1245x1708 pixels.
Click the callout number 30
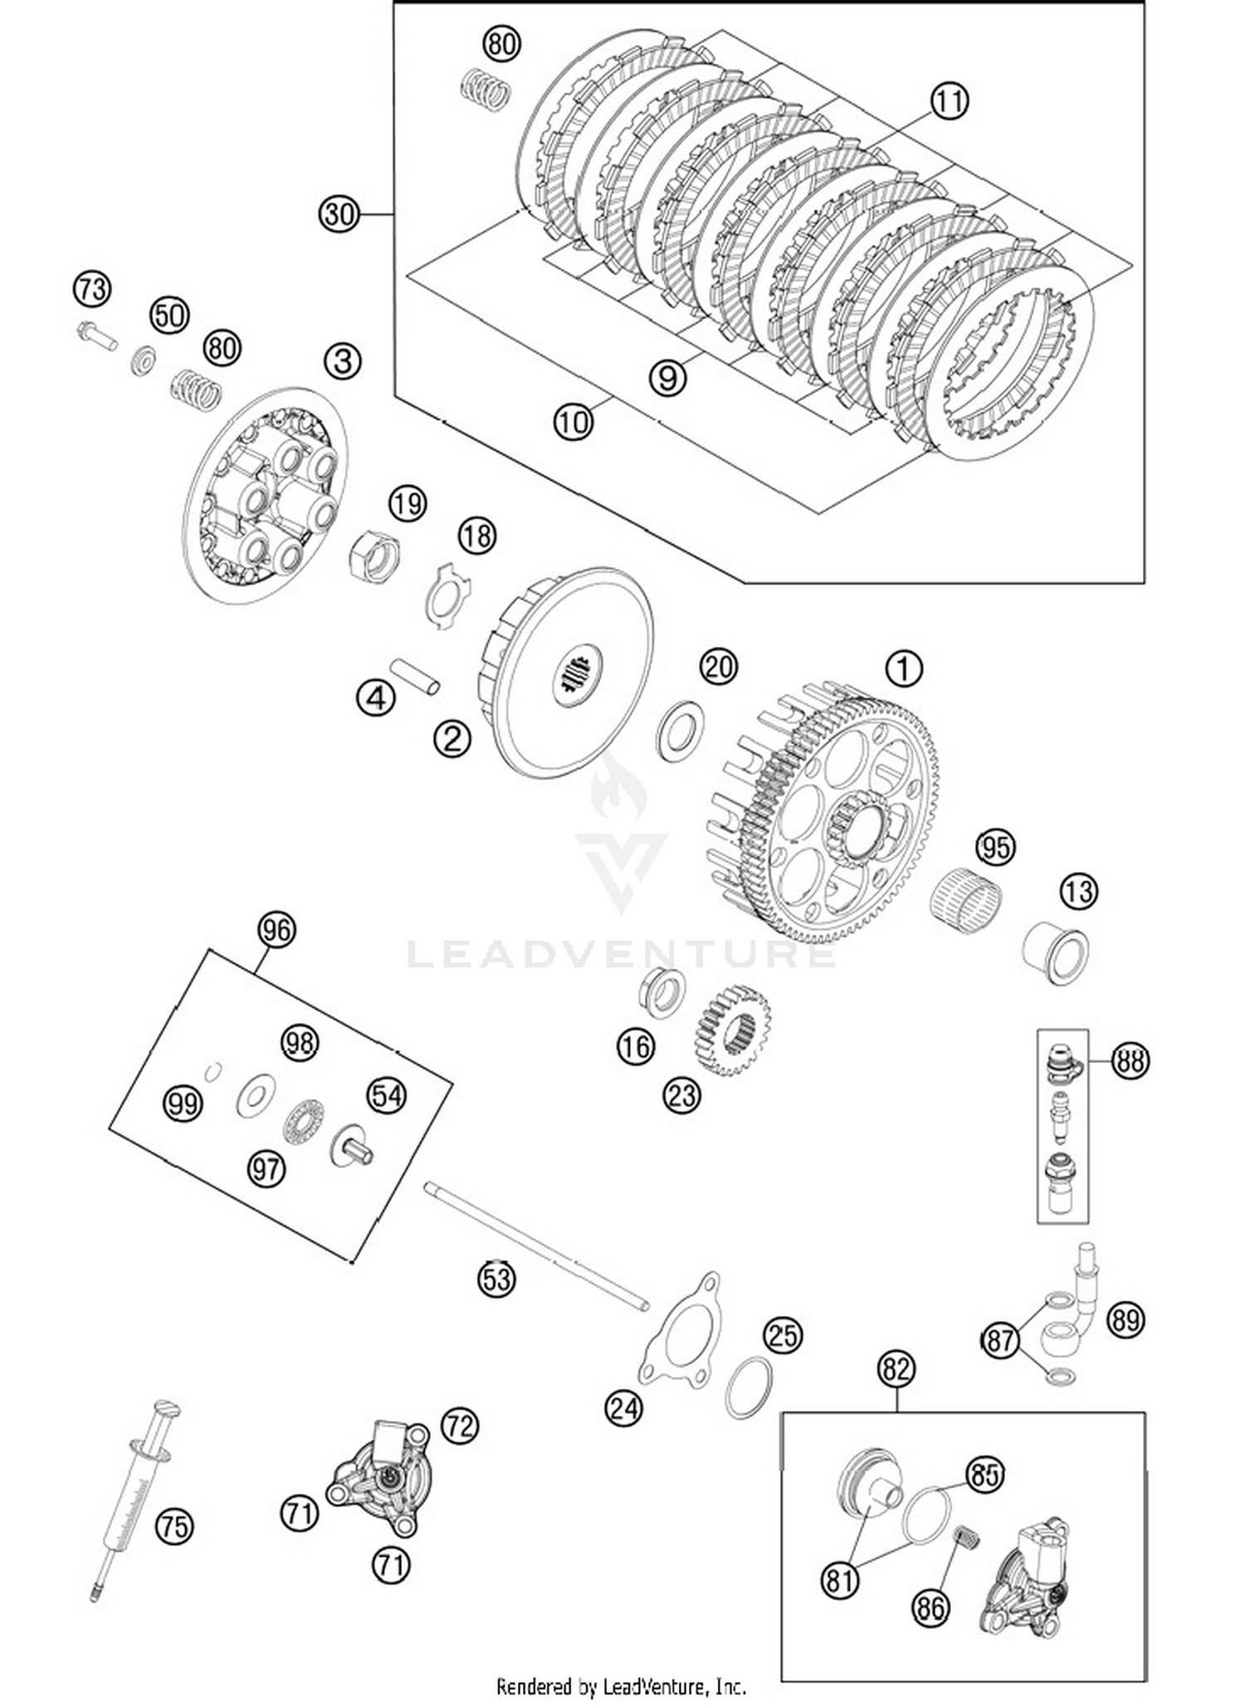point(339,214)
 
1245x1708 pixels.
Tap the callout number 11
point(949,101)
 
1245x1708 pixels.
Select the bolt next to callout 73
point(95,335)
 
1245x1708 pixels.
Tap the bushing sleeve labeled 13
point(1055,953)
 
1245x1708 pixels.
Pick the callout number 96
point(276,929)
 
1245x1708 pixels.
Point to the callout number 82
point(896,1368)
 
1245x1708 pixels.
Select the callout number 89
point(1125,1319)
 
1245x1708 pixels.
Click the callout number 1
point(904,668)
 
